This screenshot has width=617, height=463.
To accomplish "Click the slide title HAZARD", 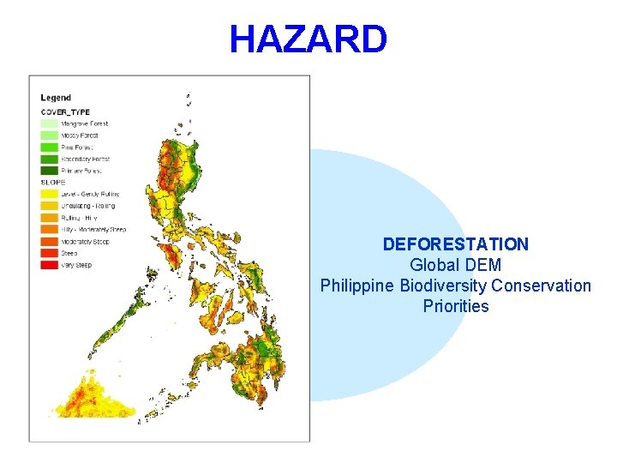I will [308, 39].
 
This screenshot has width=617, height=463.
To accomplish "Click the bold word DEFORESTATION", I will [455, 244].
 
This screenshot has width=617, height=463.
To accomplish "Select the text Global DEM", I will [455, 265].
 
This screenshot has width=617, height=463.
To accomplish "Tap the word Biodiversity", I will [443, 286].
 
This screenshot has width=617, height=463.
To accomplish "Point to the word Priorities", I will [455, 306].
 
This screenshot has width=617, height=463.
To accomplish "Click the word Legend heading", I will [56, 98].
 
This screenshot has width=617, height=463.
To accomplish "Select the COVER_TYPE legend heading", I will [64, 111].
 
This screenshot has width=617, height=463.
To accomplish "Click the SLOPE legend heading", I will [52, 182].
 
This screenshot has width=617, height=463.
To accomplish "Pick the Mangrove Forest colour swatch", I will [49, 123].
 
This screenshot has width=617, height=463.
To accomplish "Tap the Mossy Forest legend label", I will [80, 135].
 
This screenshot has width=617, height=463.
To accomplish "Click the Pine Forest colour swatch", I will [49, 147].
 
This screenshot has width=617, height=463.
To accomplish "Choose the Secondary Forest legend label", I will [85, 159].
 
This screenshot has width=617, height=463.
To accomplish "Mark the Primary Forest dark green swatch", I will [49, 171].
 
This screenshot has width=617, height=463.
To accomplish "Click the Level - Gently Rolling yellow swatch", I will [49, 194].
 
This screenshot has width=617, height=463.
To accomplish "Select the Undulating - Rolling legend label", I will [87, 206].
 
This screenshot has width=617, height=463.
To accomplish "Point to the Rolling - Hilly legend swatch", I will [49, 218].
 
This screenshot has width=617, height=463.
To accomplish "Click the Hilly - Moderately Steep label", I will [93, 230].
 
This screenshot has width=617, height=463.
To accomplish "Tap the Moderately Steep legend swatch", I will [49, 242].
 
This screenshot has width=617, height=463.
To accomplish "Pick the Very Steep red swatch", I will [49, 265].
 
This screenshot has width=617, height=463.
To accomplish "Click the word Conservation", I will [541, 286].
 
